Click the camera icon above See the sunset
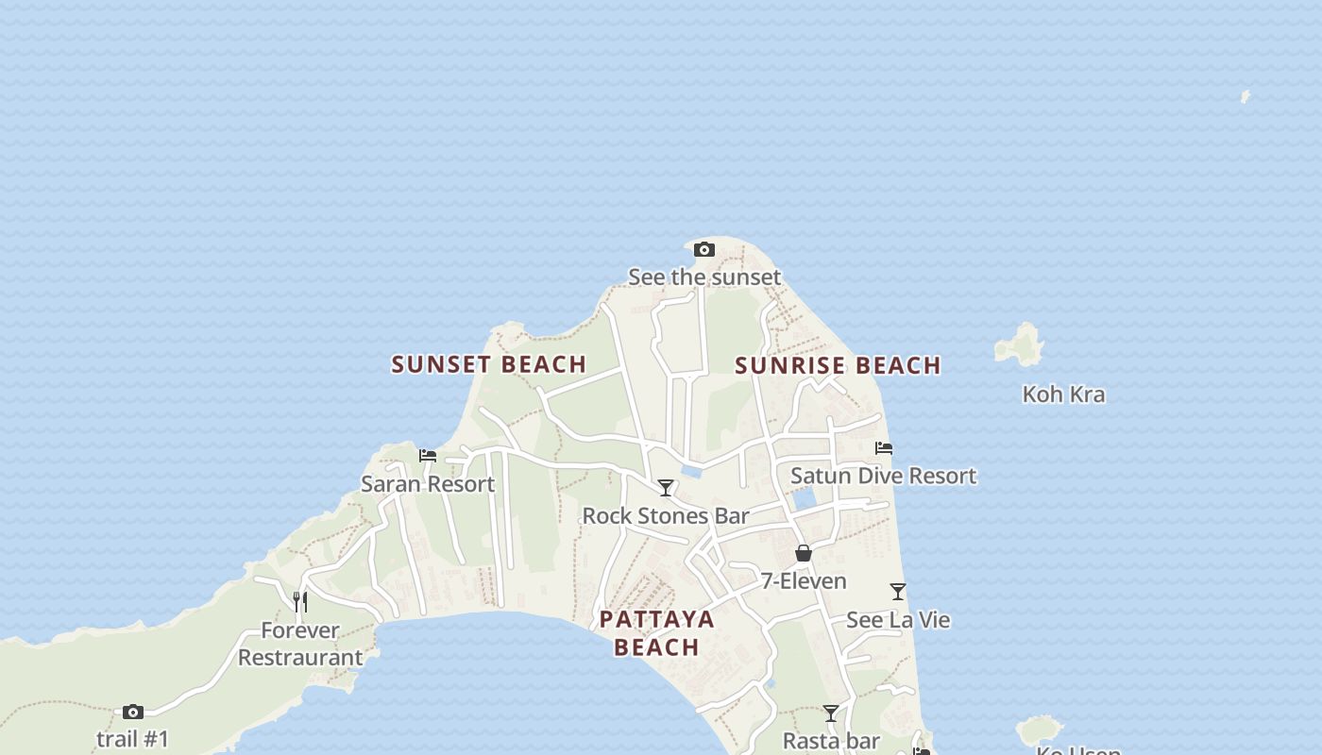tap(703, 250)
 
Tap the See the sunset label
tap(704, 277)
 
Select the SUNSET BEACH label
tap(489, 364)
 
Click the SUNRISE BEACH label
tap(838, 365)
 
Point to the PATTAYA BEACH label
tap(657, 633)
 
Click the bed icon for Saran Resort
tap(428, 456)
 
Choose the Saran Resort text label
tap(428, 484)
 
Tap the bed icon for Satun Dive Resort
tap(884, 448)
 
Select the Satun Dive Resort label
tap(883, 476)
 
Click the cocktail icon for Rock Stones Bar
tap(666, 488)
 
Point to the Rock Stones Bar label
tap(666, 516)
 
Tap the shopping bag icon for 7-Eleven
tap(804, 553)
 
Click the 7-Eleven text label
tap(804, 581)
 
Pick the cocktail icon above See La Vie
tap(898, 592)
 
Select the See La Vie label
tap(898, 620)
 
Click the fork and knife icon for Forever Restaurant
tap(300, 601)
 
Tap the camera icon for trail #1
tap(133, 712)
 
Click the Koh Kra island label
tap(1063, 394)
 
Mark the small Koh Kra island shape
tap(1020, 345)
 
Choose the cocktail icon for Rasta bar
tap(831, 713)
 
